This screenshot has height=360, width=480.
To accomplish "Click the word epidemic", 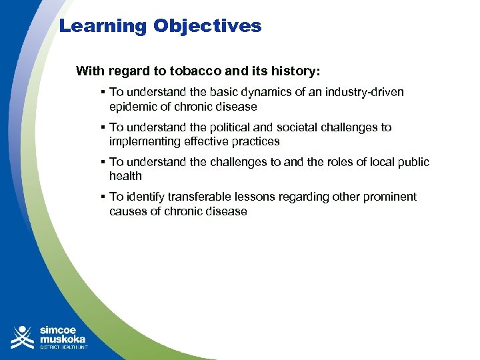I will pyautogui.click(x=134, y=107).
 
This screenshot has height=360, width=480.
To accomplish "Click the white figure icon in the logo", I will pyautogui.click(x=23, y=337).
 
